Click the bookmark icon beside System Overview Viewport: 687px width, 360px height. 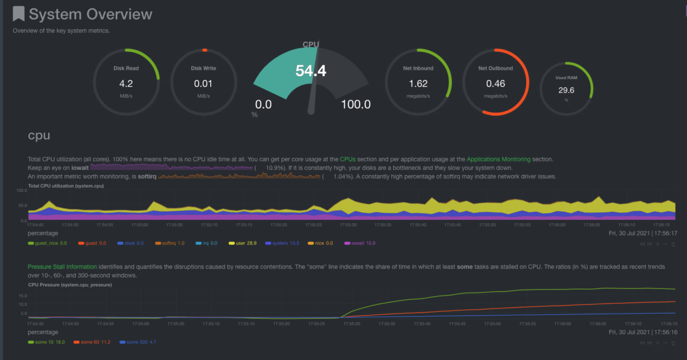19,14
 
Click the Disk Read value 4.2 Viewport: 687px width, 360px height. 126,83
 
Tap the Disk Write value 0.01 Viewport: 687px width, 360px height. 203,83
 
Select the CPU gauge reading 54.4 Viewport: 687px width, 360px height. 310,71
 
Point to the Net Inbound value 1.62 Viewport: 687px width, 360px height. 418,83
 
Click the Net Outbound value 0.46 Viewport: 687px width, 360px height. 495,83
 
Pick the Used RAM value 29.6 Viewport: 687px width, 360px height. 566,90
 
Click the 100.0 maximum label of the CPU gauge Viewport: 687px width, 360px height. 356,104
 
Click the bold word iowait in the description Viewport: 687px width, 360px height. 79,168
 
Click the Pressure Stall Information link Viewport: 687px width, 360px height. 62,267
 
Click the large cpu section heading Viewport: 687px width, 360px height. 39,136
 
